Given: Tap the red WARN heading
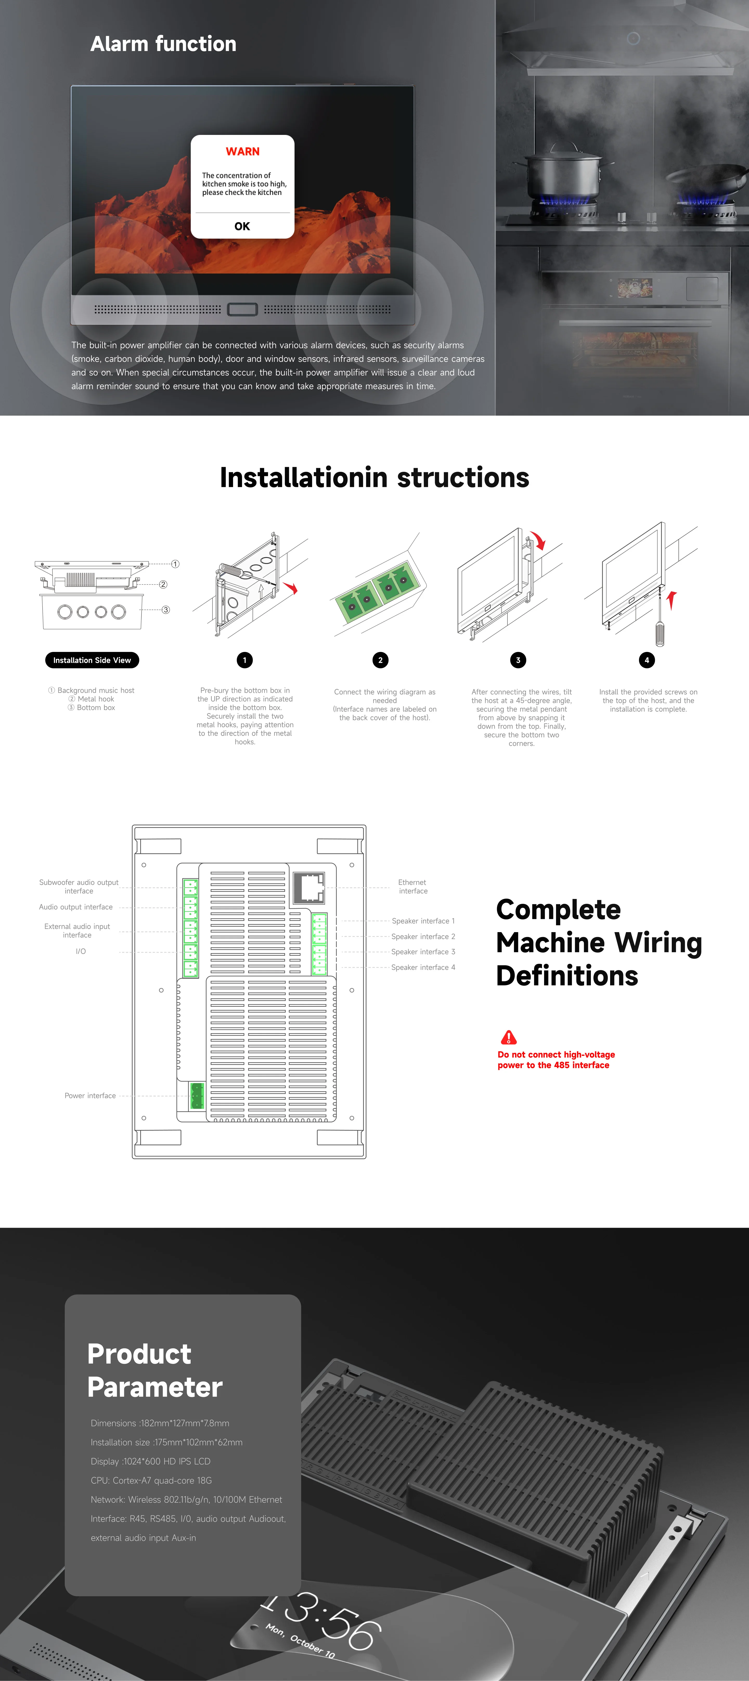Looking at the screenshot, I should (242, 151).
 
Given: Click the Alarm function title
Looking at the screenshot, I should (163, 44).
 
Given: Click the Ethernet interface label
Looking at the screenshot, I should (413, 886).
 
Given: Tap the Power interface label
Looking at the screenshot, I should (90, 1096).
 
